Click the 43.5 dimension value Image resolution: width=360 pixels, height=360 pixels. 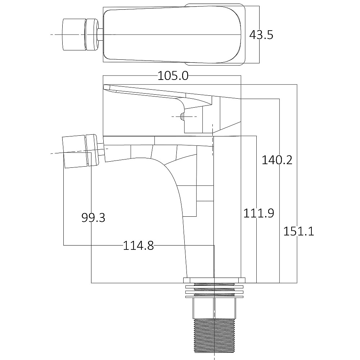pos(261,35)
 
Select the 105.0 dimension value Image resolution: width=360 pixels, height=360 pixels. pos(173,76)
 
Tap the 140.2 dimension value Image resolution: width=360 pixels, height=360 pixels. pos(276,160)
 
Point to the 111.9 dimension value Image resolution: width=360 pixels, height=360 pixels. pos(258,213)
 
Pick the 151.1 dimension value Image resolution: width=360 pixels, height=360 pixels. pos(298,231)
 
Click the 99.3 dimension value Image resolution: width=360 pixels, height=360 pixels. pos(93,217)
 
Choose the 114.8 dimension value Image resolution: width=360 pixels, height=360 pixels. pos(138,246)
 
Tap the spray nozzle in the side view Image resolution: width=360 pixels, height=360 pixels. pos(80,151)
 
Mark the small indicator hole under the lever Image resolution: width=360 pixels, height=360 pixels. pos(182,117)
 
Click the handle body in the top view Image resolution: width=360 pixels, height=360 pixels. pos(173,35)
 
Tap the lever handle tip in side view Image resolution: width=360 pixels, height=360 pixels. pos(108,87)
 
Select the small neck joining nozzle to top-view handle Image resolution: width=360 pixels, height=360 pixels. pos(100,35)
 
